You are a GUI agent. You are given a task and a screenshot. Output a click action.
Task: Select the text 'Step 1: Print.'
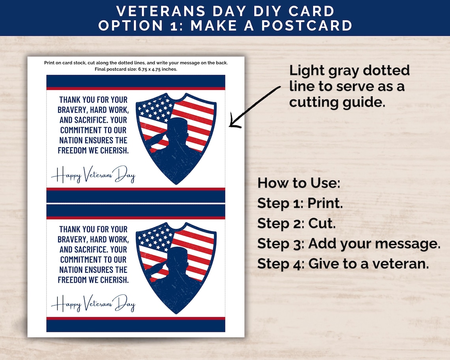(300, 203)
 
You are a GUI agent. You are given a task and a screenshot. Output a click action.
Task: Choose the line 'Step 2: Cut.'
(296, 223)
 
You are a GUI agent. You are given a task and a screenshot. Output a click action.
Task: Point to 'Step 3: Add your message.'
(349, 244)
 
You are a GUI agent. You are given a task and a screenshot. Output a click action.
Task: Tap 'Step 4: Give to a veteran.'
(343, 263)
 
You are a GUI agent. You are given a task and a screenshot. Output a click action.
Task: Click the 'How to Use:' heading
(298, 183)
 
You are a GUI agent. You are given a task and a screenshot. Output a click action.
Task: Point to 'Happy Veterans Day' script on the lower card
(93, 304)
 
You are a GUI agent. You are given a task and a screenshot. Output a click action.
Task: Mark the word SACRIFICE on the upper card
(94, 120)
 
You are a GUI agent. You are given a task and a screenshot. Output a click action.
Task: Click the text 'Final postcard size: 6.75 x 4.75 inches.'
(136, 69)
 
